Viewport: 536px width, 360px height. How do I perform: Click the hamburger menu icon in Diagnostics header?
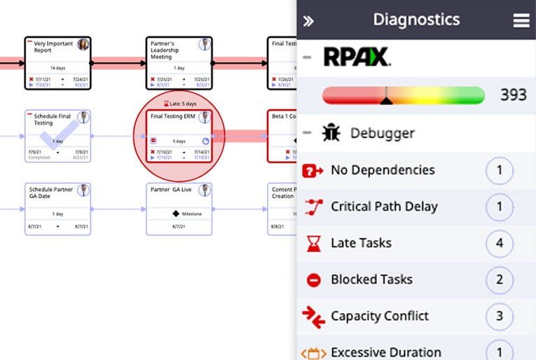click(521, 20)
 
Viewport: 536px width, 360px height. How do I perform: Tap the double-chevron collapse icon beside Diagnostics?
click(308, 21)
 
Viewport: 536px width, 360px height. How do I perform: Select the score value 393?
click(513, 95)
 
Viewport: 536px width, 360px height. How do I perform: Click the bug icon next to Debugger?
click(331, 133)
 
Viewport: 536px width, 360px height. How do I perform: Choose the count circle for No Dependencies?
click(500, 170)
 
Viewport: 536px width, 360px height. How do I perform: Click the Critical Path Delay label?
click(384, 207)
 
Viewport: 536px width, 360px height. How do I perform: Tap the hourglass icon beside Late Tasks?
click(313, 244)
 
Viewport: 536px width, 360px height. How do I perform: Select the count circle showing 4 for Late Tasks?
click(500, 243)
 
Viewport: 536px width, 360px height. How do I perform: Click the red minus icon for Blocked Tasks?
click(313, 280)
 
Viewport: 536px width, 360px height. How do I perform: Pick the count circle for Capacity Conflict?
click(500, 316)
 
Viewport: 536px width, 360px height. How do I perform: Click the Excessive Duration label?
click(386, 352)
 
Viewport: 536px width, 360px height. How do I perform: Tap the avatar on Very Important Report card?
click(83, 45)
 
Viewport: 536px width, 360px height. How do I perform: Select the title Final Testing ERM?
click(172, 116)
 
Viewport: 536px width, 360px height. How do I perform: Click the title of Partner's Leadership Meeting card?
click(167, 50)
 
